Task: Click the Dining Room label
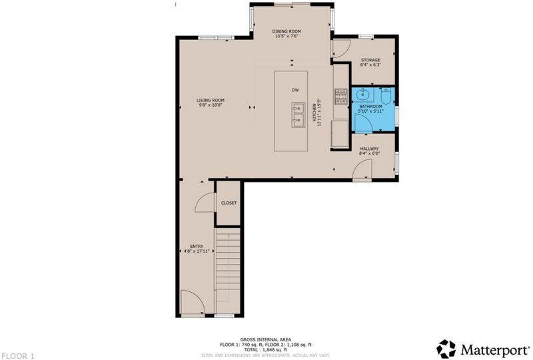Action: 286,31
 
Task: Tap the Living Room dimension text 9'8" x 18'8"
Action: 211,105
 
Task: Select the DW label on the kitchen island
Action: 295,90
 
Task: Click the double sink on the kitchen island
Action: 298,115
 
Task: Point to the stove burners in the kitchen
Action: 341,96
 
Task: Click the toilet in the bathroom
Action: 386,95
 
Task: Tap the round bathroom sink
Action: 362,94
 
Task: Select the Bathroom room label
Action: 371,107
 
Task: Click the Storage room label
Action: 370,60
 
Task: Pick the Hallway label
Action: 370,149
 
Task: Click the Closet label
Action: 229,203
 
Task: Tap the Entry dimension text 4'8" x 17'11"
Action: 197,251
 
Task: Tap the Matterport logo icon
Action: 446,349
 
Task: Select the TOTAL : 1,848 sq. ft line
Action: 265,349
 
